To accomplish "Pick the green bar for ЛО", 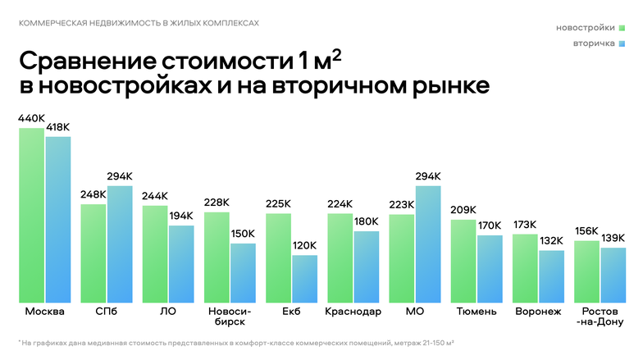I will (x=155, y=254).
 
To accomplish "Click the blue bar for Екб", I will (x=305, y=279).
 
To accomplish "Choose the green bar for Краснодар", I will (x=340, y=258).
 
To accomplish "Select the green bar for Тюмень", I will (x=463, y=262).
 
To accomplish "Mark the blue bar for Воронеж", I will (x=551, y=276).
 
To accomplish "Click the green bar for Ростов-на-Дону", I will (x=586, y=271).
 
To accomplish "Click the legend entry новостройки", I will (x=586, y=28).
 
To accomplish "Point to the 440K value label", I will (x=31, y=118).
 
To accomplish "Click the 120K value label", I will (x=305, y=245).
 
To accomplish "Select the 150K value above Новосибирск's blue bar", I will (x=244, y=234).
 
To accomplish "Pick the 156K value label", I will (x=586, y=230).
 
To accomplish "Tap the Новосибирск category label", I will (x=230, y=317).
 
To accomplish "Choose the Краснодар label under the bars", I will (x=353, y=312).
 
